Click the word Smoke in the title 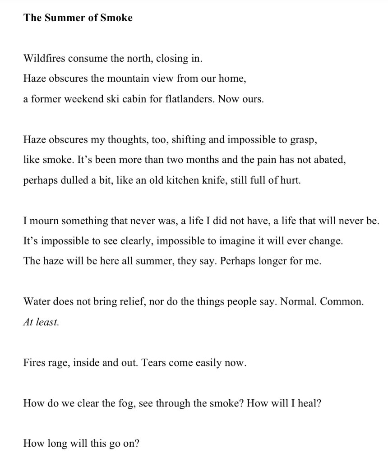tap(116, 18)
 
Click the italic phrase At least tap(41, 322)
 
